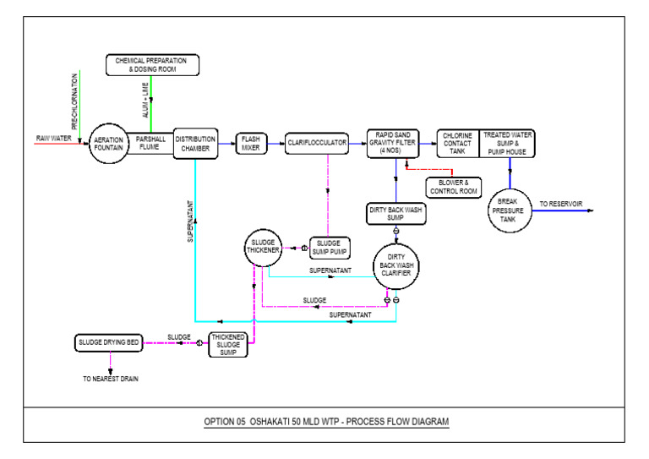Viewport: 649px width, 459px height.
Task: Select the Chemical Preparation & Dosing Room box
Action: coord(152,64)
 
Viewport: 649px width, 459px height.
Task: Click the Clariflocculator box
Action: coord(317,143)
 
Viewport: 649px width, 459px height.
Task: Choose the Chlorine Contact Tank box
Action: coord(457,143)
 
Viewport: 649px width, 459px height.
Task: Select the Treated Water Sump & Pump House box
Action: coord(508,143)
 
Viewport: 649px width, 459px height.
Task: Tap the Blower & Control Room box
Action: coord(454,187)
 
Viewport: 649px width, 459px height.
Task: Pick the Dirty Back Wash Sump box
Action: coord(395,213)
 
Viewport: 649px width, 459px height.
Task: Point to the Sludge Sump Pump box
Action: coord(329,248)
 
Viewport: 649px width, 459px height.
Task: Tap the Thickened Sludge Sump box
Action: coord(228,344)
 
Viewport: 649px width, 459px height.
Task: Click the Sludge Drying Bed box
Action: coord(107,342)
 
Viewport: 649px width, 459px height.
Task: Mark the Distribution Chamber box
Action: coord(195,144)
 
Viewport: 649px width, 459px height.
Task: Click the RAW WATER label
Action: coord(53,139)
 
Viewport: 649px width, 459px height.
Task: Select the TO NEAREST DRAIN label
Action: coord(110,379)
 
